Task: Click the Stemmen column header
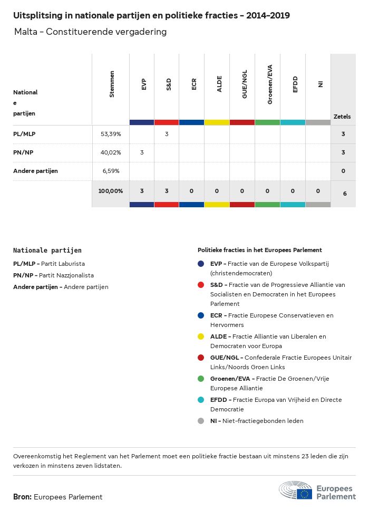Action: coord(111,84)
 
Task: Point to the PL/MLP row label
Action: coord(24,134)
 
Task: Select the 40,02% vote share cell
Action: coord(111,152)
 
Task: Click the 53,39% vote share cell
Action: coord(111,134)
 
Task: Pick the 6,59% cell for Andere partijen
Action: coord(111,171)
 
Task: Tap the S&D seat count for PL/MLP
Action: coord(167,134)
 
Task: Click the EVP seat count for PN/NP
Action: coord(142,152)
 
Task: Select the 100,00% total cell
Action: coord(110,190)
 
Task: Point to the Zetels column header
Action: coord(342,117)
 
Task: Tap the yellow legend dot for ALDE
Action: coord(201,336)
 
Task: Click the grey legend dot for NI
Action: coord(201,421)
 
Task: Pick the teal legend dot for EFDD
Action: coord(201,400)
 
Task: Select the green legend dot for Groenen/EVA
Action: coord(201,379)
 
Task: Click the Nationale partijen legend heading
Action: coord(47,251)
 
